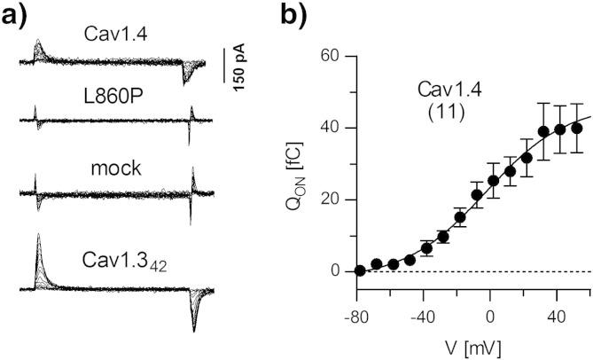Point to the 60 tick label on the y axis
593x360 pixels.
click(333, 56)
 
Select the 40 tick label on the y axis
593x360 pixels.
click(333, 128)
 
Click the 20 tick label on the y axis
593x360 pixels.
click(333, 200)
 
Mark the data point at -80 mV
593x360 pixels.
click(360, 270)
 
